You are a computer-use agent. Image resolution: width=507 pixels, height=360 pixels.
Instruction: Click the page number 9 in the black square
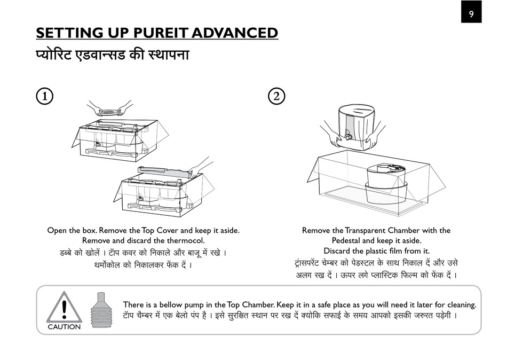coord(471,13)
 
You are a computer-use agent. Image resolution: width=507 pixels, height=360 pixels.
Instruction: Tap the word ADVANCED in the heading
coord(235,33)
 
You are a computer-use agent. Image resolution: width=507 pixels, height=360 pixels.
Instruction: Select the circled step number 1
coord(44,96)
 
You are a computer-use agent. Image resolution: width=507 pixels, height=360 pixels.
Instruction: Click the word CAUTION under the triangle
coord(64,327)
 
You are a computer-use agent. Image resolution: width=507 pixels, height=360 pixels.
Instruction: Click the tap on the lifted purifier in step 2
coord(348,136)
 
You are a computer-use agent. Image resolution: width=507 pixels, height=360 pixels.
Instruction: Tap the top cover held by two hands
coord(109,112)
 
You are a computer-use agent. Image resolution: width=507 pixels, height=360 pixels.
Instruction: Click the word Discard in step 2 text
coord(338,251)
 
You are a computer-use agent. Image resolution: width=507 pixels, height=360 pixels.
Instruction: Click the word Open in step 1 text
coord(57,230)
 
